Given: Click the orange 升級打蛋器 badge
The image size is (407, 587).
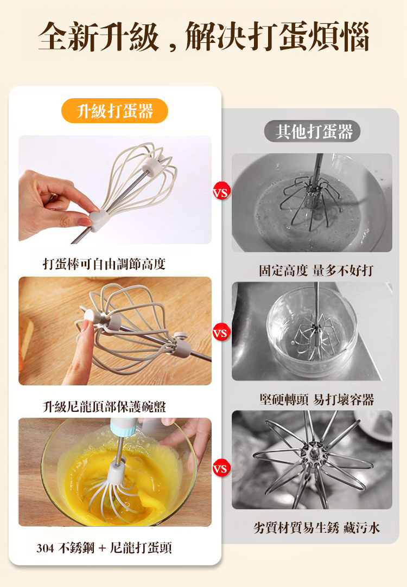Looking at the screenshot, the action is [x=115, y=111].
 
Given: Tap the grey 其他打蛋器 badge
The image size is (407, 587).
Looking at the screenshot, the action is [x=313, y=131].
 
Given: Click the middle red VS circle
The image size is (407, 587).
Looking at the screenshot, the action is [x=221, y=333].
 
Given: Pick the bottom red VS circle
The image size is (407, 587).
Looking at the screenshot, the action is [x=221, y=468].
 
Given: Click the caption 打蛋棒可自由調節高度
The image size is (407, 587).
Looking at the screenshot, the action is [x=104, y=264].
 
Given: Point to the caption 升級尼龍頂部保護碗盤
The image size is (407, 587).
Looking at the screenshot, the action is [x=104, y=406].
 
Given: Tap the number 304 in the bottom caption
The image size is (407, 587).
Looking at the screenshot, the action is [x=45, y=548].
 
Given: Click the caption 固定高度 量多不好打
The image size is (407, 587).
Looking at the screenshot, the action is [x=316, y=270].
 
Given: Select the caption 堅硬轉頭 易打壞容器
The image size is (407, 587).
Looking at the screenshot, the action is [x=317, y=399].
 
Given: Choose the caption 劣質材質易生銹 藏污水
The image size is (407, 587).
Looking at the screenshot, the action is [x=317, y=528].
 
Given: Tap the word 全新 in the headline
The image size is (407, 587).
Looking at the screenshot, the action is [x=68, y=36].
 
